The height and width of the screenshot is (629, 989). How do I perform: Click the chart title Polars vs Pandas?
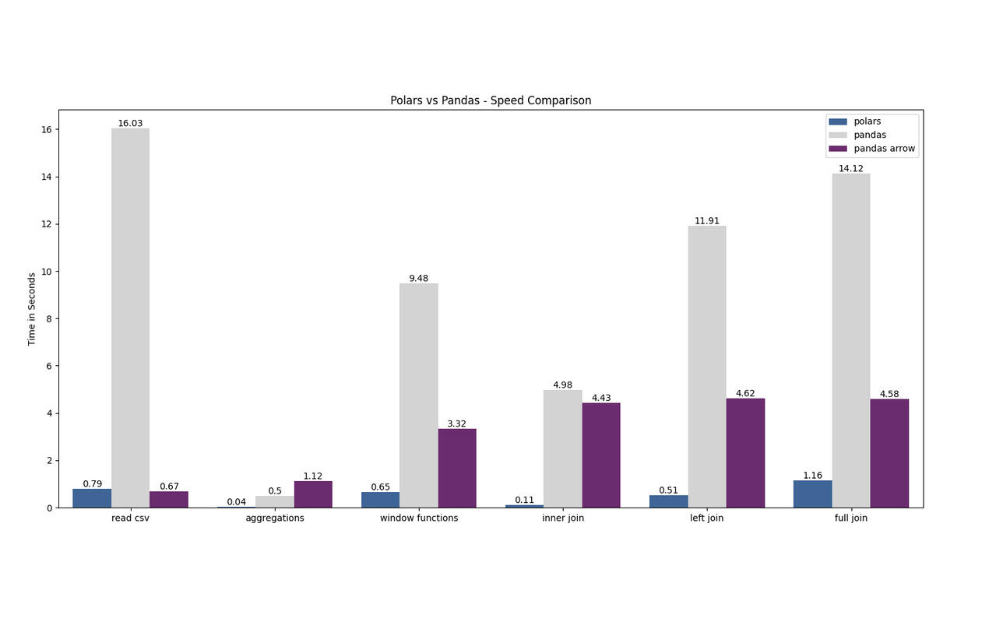[x=491, y=100]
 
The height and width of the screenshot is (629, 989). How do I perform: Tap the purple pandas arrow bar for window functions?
[x=457, y=468]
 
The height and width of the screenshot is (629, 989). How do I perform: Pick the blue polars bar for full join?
[x=812, y=494]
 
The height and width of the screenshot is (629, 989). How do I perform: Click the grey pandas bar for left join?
[x=707, y=367]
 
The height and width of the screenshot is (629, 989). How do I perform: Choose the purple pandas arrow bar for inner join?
[x=601, y=455]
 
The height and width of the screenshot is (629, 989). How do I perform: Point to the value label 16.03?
[x=130, y=123]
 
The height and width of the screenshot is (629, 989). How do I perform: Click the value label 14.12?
[x=850, y=168]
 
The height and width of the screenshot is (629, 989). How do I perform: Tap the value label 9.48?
[x=419, y=278]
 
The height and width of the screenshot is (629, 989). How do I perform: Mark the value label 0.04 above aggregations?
[x=237, y=502]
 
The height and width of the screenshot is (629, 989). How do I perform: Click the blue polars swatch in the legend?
[x=838, y=121]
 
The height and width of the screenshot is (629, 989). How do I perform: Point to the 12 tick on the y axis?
[x=48, y=224]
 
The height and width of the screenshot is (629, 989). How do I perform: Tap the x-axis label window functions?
[x=419, y=518]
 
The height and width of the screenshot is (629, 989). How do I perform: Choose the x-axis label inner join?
[x=563, y=518]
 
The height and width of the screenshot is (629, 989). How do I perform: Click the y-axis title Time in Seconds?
[x=32, y=309]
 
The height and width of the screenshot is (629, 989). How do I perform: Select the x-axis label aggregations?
[x=275, y=518]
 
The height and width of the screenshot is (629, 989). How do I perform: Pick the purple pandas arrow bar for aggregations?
[x=313, y=494]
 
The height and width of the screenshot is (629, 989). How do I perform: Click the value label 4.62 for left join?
[x=745, y=393]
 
